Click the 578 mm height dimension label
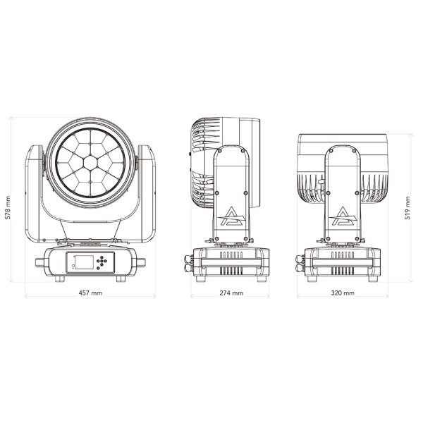coord(8,208)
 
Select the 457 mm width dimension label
coord(90,293)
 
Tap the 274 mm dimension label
coord(231,293)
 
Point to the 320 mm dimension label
coord(343,293)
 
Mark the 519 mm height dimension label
coord(407,208)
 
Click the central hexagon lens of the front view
coord(90,162)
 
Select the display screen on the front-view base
coord(84,262)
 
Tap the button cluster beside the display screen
coord(102,262)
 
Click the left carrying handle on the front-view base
coord(40,262)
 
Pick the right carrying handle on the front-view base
coord(141,262)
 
